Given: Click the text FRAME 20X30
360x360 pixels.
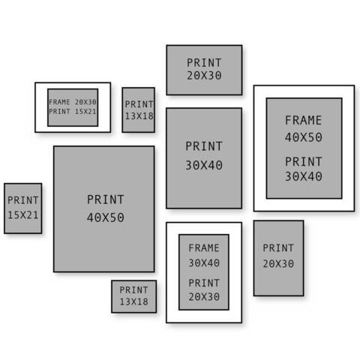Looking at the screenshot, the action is pos(73,102).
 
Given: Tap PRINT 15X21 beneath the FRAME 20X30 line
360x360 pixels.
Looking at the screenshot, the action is pos(73,111).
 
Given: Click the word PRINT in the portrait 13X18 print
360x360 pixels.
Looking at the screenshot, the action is pos(139,104).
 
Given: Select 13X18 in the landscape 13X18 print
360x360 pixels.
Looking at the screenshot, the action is pos(133,301).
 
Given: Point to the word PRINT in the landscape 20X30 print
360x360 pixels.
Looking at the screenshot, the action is pos(204,62).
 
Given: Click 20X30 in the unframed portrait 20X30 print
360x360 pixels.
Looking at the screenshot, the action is pos(278,263).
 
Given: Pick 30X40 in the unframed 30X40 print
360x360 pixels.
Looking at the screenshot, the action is pos(204,165).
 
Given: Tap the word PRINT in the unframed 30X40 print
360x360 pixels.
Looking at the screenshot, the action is pos(204,146).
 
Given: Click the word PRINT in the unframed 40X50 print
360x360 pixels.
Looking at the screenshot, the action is pos(106,199).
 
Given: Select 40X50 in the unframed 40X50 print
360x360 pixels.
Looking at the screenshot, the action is pos(106,217).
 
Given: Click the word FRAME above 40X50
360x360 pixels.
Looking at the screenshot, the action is pos(304,120).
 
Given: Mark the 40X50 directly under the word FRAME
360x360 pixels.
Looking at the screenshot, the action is pos(304,137).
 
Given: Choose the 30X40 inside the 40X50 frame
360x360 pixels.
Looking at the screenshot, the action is pos(304,176).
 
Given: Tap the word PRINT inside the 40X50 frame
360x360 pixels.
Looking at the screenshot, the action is pos(304,161).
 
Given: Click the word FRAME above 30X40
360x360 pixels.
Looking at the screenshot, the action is pos(204,248).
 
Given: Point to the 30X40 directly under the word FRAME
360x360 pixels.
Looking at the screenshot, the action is pos(204,262).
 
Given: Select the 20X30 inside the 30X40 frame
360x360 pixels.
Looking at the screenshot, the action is pos(204,297).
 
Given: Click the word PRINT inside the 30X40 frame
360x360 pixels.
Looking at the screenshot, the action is pos(204,283).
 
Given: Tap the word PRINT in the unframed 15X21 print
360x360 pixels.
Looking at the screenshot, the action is pos(23,200).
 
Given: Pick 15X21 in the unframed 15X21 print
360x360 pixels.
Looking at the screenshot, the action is pos(23,215).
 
